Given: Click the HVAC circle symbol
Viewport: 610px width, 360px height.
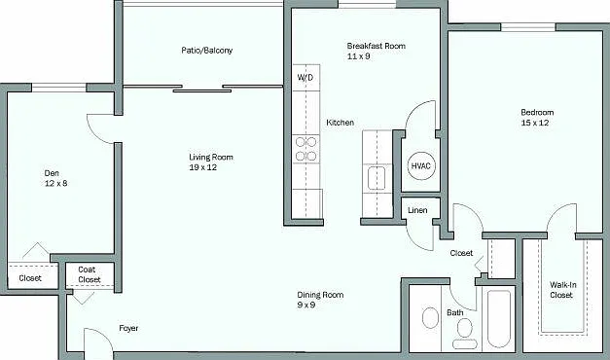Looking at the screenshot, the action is pos(421,165).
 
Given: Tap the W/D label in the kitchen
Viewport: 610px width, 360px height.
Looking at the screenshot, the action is pos(305,78).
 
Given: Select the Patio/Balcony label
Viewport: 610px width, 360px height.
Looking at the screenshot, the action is pos(206,51).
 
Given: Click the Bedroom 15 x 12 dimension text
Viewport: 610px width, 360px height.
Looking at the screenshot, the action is pos(535,123).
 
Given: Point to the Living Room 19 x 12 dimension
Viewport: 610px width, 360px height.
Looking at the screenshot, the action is pos(202,167).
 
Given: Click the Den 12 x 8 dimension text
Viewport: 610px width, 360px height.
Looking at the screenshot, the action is pos(55,183).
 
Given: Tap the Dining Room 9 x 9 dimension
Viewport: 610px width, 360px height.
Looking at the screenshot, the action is pos(306,306).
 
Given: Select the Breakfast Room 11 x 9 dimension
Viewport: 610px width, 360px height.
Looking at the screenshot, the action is pos(358,56).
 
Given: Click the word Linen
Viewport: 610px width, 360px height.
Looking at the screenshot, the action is pos(417,210).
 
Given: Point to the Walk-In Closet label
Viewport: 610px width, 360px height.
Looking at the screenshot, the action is pos(562,290).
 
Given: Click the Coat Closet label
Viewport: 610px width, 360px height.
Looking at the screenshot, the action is pos(90,274).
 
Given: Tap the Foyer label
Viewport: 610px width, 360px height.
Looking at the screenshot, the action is pos(128,328).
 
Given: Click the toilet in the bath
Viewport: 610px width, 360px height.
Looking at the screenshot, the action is pos(464,333).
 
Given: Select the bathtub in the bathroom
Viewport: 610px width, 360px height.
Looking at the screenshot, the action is pos(499,319).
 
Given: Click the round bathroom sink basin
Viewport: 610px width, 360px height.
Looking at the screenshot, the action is pos(430,318).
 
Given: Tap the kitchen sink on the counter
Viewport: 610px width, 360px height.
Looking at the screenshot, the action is pos(377,178).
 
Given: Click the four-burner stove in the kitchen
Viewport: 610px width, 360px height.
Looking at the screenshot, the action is pos(305,149).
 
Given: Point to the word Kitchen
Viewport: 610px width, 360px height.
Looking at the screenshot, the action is pos(340,123).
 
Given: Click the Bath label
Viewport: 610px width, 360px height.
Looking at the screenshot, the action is pos(454,312).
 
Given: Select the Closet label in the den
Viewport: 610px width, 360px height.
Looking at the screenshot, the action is pos(30,278).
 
